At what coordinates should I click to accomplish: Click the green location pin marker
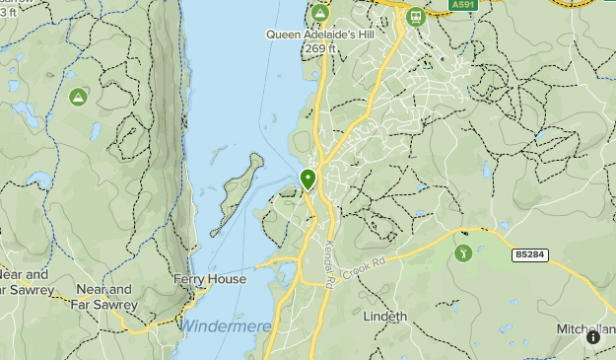coord(308,180)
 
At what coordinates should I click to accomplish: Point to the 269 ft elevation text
coord(321,47)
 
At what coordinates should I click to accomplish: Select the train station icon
coord(417,16)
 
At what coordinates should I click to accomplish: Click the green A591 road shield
coord(462,5)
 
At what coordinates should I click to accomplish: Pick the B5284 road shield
coord(530,254)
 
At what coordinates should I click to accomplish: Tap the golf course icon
coord(463,253)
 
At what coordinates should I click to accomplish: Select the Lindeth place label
coord(385,317)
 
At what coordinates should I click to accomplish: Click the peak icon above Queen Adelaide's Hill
coord(319,15)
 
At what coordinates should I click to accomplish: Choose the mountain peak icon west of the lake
coord(78,97)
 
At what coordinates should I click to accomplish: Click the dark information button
coord(593,337)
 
